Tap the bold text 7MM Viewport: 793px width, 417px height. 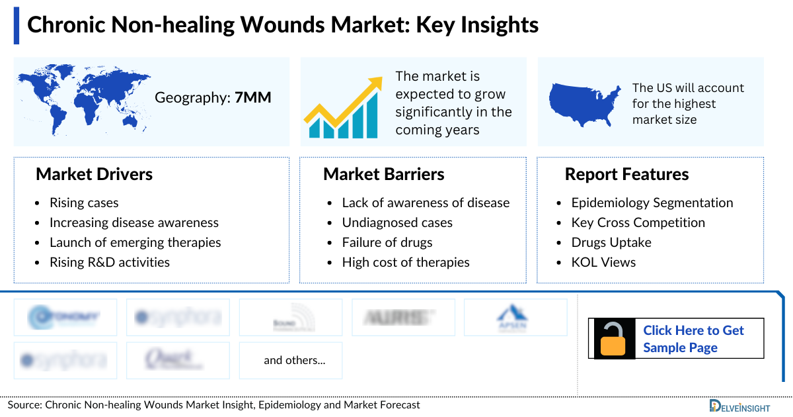[253, 98]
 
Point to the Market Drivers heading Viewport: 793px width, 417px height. [94, 174]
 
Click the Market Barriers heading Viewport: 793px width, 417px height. [383, 174]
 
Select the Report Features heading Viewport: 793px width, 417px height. [626, 174]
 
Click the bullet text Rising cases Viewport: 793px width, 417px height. [84, 203]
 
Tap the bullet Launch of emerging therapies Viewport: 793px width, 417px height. [135, 242]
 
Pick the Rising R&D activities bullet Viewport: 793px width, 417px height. [109, 262]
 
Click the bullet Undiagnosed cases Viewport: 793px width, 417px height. [397, 222]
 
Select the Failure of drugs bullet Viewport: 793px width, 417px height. [387, 242]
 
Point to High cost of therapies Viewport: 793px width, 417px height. [406, 262]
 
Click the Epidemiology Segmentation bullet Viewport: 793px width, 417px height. [652, 203]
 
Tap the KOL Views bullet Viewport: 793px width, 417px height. [603, 262]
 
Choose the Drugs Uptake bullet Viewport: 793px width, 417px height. [611, 242]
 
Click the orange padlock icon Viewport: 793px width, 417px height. [613, 339]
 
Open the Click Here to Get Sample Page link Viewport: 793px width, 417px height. [693, 339]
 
